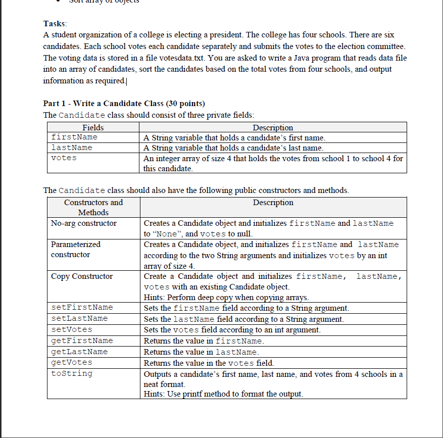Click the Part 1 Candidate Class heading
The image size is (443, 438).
point(124,104)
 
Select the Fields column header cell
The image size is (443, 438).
point(93,127)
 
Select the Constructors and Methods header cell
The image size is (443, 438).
point(93,207)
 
